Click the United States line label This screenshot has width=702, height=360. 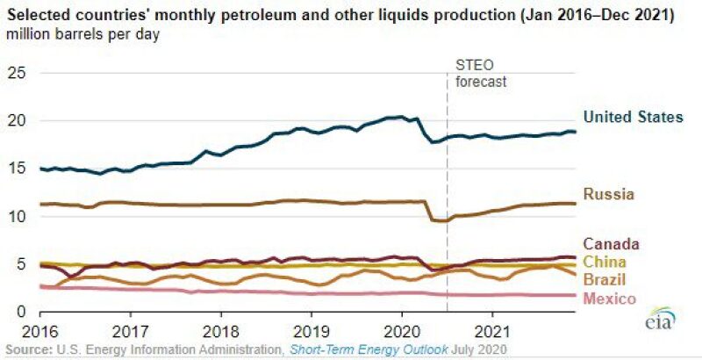633,117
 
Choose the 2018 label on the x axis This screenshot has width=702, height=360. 220,335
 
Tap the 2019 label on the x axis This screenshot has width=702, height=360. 311,335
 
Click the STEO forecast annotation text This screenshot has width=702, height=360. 482,73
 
